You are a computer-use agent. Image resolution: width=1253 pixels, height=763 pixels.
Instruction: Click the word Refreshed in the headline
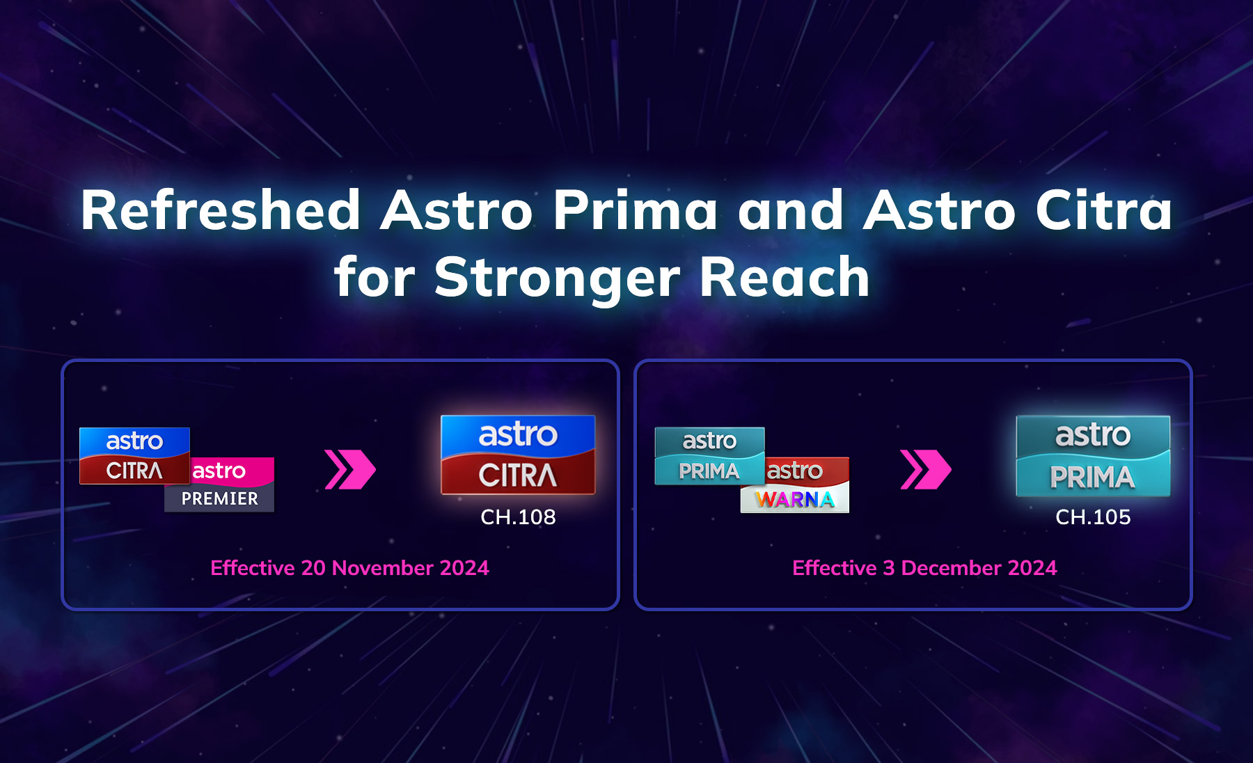point(220,210)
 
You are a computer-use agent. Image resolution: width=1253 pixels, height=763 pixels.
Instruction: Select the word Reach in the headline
point(785,277)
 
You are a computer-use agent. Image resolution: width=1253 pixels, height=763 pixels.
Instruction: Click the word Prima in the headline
point(634,210)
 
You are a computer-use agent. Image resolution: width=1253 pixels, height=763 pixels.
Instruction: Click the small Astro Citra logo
point(134,456)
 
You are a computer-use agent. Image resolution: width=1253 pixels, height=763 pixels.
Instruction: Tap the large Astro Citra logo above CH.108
point(518,455)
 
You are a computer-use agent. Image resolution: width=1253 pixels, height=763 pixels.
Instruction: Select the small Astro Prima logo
point(709,456)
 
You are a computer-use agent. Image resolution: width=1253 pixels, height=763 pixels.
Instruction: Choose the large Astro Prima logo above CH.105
point(1093,456)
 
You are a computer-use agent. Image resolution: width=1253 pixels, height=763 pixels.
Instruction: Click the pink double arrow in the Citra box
point(350,469)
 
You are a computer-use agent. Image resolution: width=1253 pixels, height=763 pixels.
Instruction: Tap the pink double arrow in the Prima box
point(925,469)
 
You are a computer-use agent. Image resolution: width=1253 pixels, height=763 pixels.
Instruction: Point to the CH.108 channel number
point(518,517)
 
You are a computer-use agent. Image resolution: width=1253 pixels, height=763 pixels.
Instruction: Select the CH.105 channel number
point(1093,517)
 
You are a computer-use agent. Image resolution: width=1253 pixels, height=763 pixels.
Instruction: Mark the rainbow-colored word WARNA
point(795,499)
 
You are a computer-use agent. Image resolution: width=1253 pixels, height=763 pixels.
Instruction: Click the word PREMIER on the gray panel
point(219,498)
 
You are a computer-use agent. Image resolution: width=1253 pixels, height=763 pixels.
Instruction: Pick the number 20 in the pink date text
point(313,568)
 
